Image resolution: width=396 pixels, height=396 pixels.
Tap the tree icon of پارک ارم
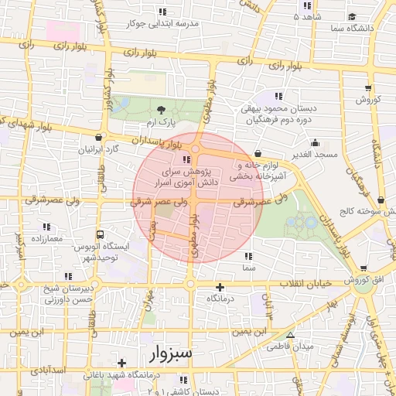161,111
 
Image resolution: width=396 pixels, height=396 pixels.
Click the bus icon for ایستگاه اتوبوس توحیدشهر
100,234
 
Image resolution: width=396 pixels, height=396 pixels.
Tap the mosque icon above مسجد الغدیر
315,143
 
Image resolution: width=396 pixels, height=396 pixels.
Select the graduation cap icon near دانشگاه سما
352,16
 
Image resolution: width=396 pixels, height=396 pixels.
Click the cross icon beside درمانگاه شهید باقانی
121,363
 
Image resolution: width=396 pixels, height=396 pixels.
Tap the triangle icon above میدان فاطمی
290,335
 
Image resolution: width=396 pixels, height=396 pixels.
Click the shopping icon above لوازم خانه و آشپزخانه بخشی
256,153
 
